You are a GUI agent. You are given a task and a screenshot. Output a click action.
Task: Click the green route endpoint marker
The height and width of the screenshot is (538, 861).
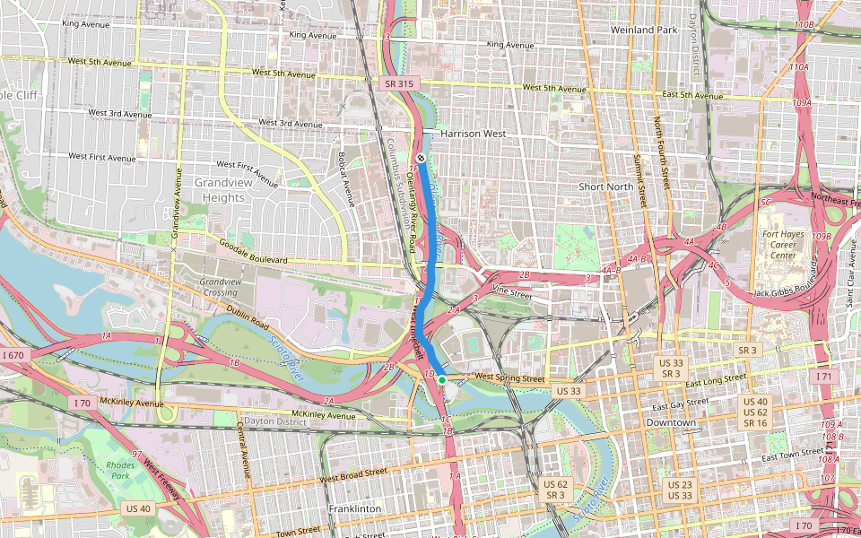[442, 380]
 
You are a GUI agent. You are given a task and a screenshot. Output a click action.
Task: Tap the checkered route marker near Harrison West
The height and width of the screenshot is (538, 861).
[420, 158]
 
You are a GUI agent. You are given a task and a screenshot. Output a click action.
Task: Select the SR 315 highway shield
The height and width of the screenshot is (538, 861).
[399, 83]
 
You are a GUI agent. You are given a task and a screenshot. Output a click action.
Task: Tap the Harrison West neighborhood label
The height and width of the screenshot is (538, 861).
[474, 134]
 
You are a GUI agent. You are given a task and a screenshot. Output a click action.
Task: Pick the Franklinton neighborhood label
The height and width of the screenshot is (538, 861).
[354, 508]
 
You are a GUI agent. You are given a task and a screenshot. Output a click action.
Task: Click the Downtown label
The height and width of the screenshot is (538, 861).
[671, 422]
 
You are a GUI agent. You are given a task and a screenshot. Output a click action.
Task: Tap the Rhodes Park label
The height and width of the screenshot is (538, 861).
[119, 471]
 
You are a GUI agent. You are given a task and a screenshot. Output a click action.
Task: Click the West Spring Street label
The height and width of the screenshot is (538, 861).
[509, 377]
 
